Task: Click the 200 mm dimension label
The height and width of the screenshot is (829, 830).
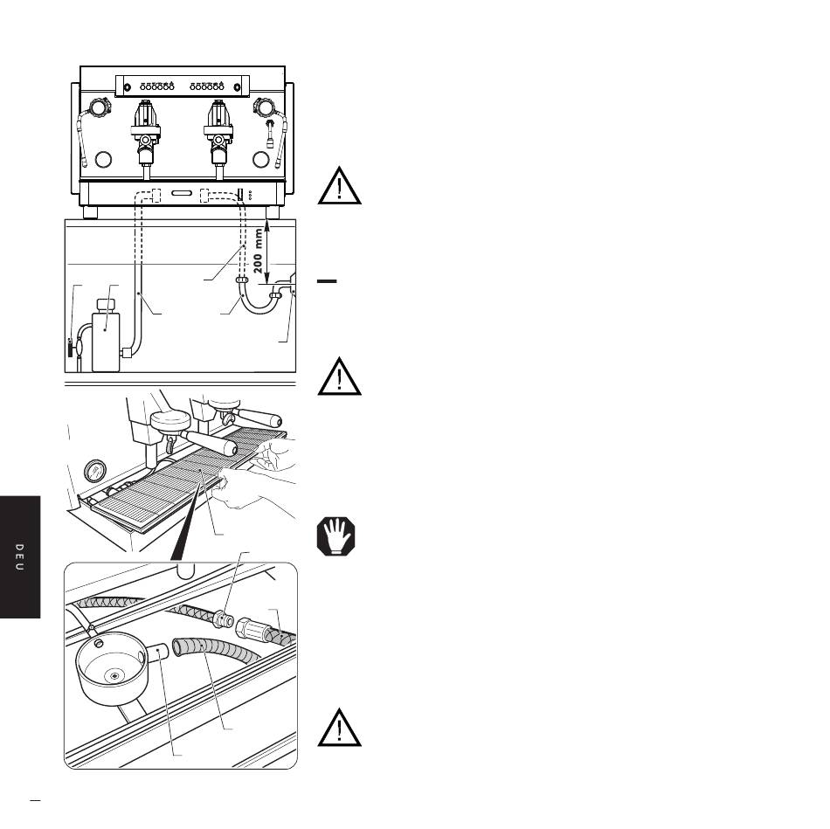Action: click(x=258, y=251)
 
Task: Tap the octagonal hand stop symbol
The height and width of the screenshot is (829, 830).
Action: click(x=336, y=536)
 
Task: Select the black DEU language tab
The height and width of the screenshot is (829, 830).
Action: click(x=20, y=557)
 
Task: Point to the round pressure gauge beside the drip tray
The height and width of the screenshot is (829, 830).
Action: click(x=94, y=471)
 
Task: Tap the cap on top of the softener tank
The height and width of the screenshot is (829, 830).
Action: click(x=107, y=306)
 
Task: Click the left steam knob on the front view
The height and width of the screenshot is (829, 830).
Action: click(x=99, y=107)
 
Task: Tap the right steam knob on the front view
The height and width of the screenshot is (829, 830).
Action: click(x=263, y=107)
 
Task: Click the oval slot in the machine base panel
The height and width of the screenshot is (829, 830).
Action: click(x=182, y=193)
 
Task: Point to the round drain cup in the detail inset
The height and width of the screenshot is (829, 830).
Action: click(x=112, y=667)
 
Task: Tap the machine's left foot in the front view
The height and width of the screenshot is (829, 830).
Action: click(x=91, y=212)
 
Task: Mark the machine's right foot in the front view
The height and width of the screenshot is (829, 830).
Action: click(x=272, y=212)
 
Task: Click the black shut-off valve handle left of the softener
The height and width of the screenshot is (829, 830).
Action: click(x=70, y=348)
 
